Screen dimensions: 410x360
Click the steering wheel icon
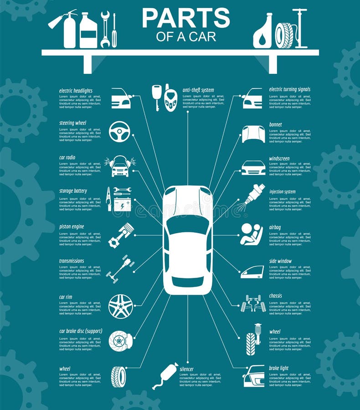coord(119,131)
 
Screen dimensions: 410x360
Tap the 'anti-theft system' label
coord(198,90)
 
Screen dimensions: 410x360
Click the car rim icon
coord(121,306)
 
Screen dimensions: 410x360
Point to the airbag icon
coord(252,235)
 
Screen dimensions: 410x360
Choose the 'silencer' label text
coord(186,369)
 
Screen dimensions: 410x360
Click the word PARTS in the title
coord(185,18)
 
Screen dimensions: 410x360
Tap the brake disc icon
coord(120,341)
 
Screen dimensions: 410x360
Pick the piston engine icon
coord(121,235)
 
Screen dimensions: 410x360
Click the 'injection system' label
coord(282,192)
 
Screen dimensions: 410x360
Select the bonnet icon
coord(253,134)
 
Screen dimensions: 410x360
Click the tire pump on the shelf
coord(299,28)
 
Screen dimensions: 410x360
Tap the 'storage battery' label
coord(73,191)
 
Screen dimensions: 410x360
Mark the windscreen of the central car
coord(187,224)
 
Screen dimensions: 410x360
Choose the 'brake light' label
coord(278,368)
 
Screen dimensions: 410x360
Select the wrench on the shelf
coord(105,30)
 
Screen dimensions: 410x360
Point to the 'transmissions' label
coord(72,261)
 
